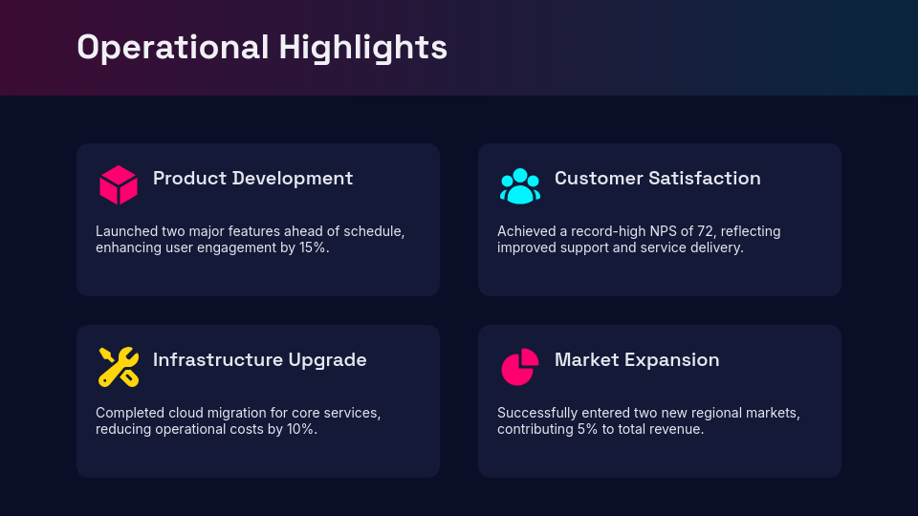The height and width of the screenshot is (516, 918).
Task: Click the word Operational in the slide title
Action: tap(173, 48)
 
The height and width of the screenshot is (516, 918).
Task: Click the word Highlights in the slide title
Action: tap(363, 48)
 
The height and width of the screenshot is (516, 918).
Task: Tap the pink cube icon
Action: tap(119, 184)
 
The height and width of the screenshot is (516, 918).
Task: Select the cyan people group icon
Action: tap(520, 186)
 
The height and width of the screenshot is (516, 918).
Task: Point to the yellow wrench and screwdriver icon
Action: tap(119, 367)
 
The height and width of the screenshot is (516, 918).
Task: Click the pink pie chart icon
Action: tap(520, 367)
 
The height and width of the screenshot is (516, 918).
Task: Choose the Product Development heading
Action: tap(252, 179)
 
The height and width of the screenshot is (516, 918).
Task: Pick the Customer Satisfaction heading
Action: tap(658, 179)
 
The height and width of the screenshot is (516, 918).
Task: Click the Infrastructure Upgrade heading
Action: tap(259, 360)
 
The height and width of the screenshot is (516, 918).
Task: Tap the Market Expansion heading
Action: tap(637, 360)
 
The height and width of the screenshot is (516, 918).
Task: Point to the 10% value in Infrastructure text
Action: tap(302, 429)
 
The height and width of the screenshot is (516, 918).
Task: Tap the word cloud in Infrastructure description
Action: tap(182, 413)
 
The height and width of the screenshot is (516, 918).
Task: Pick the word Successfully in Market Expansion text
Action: tap(534, 413)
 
